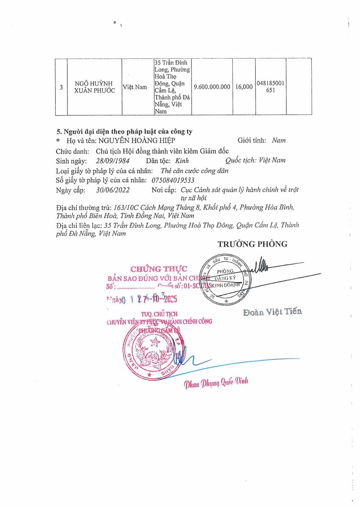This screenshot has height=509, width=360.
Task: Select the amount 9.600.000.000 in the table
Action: click(212, 87)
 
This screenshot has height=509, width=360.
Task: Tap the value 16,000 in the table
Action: click(244, 87)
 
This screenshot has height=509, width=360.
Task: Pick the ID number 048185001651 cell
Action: click(270, 87)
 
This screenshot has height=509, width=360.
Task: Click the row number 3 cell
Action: click(62, 87)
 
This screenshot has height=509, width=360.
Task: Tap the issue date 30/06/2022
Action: click(112, 190)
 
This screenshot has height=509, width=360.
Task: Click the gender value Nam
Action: click(278, 140)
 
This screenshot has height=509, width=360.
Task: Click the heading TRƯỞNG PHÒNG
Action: click(252, 244)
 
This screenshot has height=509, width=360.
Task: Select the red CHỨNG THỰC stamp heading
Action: click(159, 268)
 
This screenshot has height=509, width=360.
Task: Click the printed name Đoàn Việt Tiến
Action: click(272, 312)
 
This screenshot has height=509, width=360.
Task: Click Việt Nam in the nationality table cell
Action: click(135, 87)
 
